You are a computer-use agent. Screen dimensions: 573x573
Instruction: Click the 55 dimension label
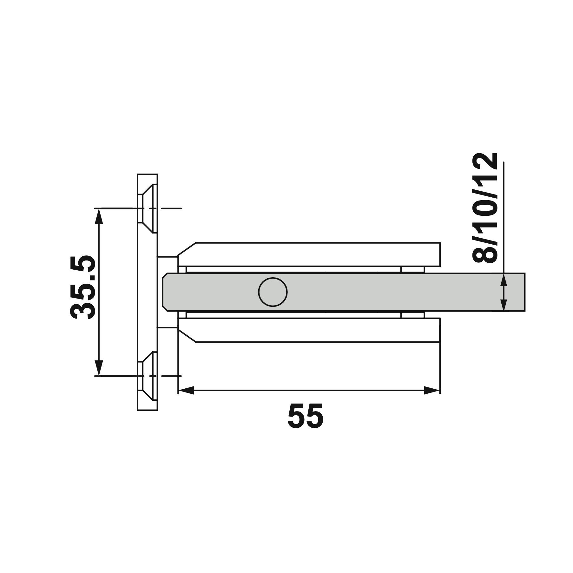click(305, 416)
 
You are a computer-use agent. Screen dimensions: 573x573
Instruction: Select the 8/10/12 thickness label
click(484, 208)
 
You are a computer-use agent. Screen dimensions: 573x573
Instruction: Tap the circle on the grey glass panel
click(273, 292)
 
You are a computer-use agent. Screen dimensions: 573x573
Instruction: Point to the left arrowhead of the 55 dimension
click(186, 390)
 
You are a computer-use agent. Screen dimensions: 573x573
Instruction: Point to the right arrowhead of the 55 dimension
click(432, 390)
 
